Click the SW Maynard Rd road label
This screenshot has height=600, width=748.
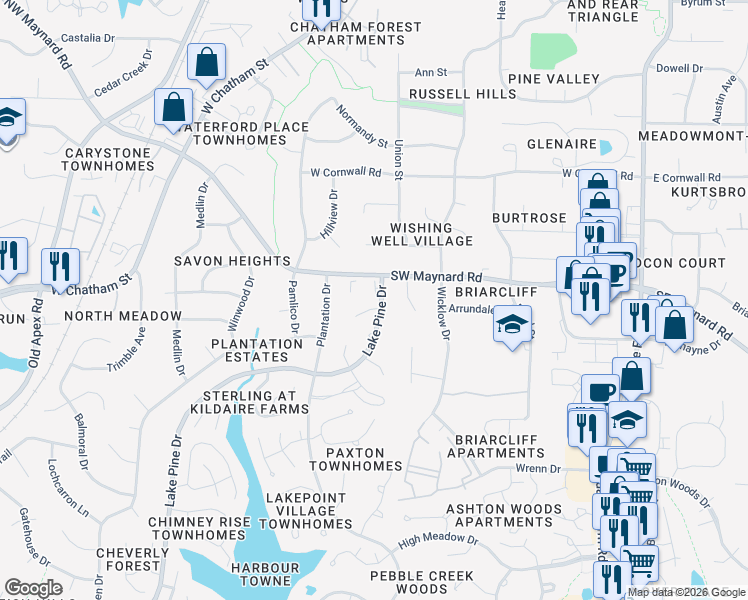(436, 277)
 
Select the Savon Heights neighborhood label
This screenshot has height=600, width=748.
(231, 261)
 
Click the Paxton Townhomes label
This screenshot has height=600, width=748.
(355, 459)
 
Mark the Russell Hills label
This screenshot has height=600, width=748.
(462, 95)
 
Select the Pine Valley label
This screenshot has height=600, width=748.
(553, 79)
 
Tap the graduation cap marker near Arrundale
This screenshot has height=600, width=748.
(513, 328)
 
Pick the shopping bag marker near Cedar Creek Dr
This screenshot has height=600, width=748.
(206, 62)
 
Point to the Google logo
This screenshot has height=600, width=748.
(33, 588)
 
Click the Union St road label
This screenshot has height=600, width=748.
(398, 160)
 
